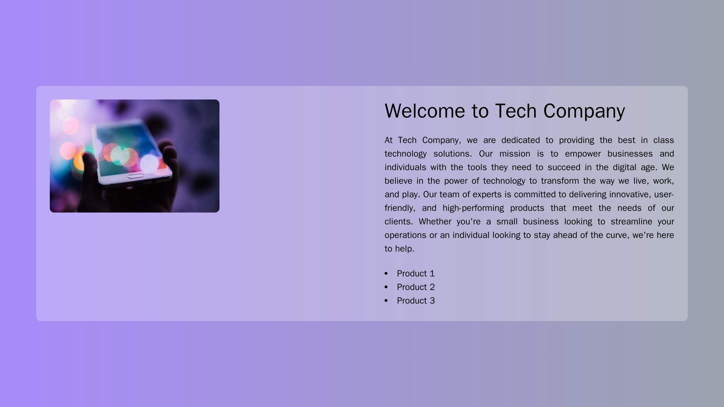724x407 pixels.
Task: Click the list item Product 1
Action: coord(415,273)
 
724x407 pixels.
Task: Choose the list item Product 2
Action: coord(415,287)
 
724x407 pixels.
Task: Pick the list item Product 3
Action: coord(415,300)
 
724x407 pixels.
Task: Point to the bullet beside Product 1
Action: coord(386,273)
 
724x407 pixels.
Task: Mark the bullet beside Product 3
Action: coord(386,300)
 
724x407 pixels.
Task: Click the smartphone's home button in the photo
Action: coord(135,176)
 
